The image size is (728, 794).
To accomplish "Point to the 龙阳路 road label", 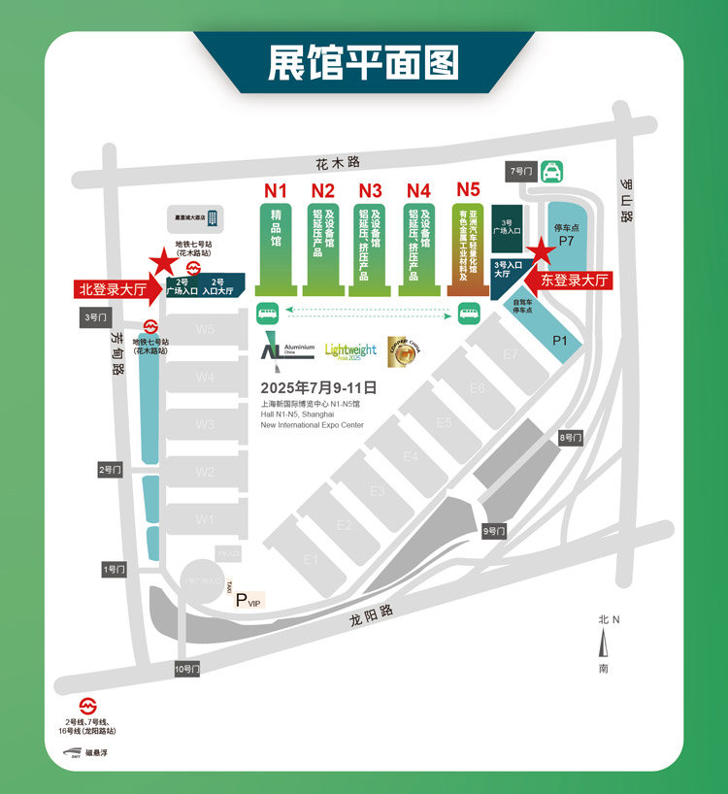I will click(x=375, y=612).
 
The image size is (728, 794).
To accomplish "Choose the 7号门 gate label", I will click(x=521, y=171).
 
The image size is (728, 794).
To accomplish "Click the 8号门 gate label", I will click(x=570, y=439).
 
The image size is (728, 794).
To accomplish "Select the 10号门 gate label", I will click(x=186, y=669).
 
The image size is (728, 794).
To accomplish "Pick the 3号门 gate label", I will click(x=93, y=316).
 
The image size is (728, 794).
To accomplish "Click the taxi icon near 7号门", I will click(x=551, y=172).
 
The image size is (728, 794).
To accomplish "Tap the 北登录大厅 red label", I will click(x=113, y=288).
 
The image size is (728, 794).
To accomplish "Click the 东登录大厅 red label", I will click(x=576, y=281).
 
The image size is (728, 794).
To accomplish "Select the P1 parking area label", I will click(x=559, y=340).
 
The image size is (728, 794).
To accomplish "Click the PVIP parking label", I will click(x=248, y=600).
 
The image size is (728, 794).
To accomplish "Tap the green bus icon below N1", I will click(x=265, y=313).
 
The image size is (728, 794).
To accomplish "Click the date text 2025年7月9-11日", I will click(x=318, y=386).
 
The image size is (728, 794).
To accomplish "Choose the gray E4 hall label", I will click(x=411, y=456).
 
